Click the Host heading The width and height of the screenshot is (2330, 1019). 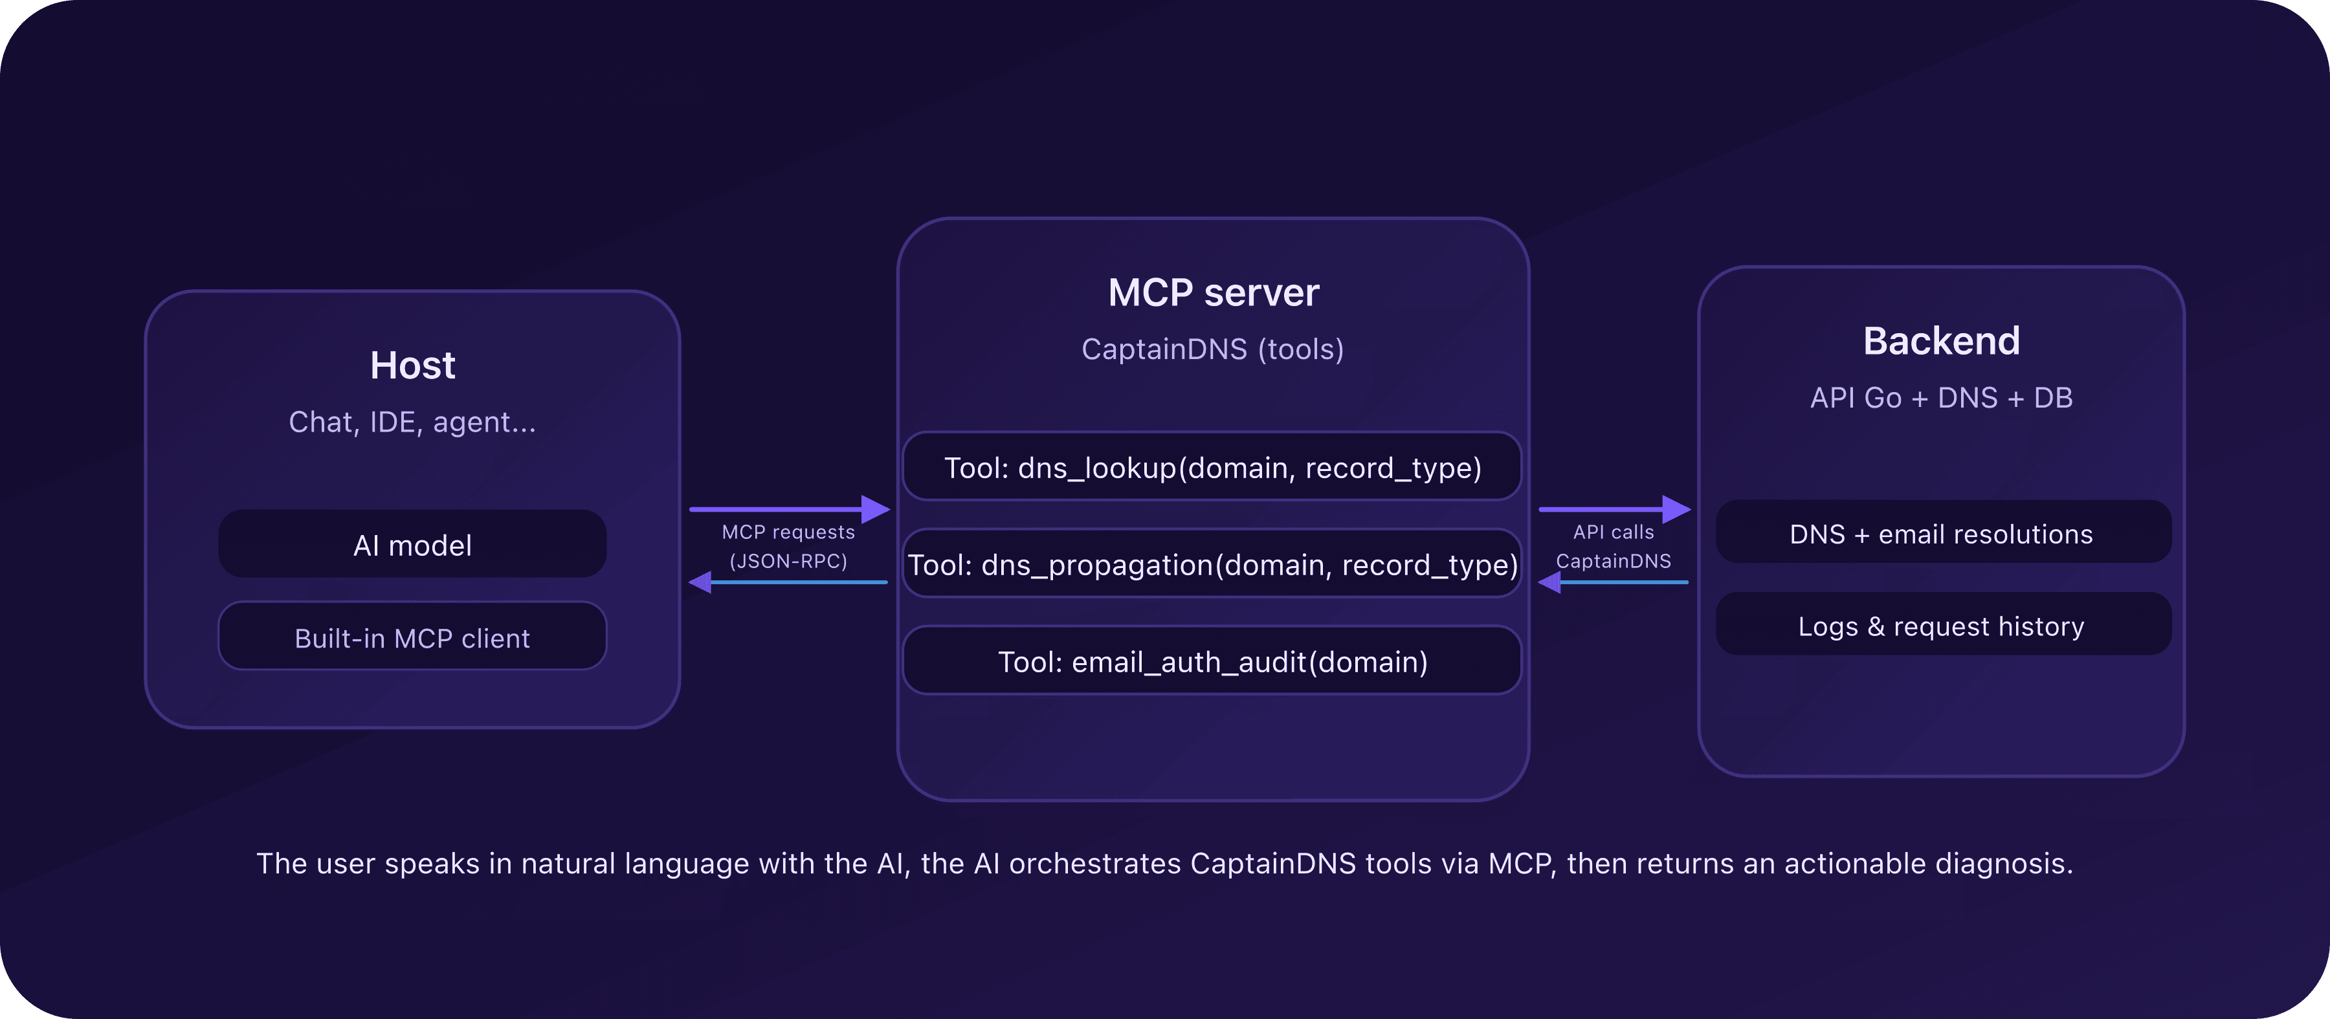coord(412,366)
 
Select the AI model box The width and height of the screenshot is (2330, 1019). coord(412,544)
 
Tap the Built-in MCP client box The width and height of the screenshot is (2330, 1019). coord(412,637)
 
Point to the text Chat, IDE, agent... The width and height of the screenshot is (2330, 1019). coord(412,422)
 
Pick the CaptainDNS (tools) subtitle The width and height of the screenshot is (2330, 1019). coord(1213,349)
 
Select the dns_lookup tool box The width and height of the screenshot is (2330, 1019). coord(1213,468)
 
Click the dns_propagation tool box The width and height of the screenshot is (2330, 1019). coord(1213,564)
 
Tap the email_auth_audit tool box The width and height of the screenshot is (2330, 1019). coord(1213,662)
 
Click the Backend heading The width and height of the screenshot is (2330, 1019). coord(1941,341)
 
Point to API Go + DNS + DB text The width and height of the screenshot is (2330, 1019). coord(1941,398)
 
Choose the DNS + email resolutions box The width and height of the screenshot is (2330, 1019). coord(1941,534)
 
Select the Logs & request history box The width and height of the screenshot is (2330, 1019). coord(1941,626)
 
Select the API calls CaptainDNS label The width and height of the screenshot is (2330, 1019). coord(1614,546)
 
